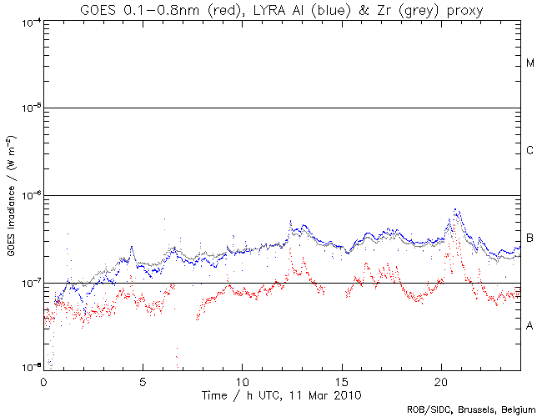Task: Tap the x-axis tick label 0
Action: coord(43,380)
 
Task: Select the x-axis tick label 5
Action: coord(143,380)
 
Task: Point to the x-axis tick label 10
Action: coord(242,380)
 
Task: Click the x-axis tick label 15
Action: coord(341,380)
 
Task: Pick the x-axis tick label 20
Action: coord(440,380)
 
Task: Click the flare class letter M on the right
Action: coord(530,63)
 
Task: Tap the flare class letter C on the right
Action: coord(530,151)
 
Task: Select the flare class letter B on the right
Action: coord(530,239)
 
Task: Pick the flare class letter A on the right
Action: coord(530,325)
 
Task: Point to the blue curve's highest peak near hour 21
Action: coord(455,208)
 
